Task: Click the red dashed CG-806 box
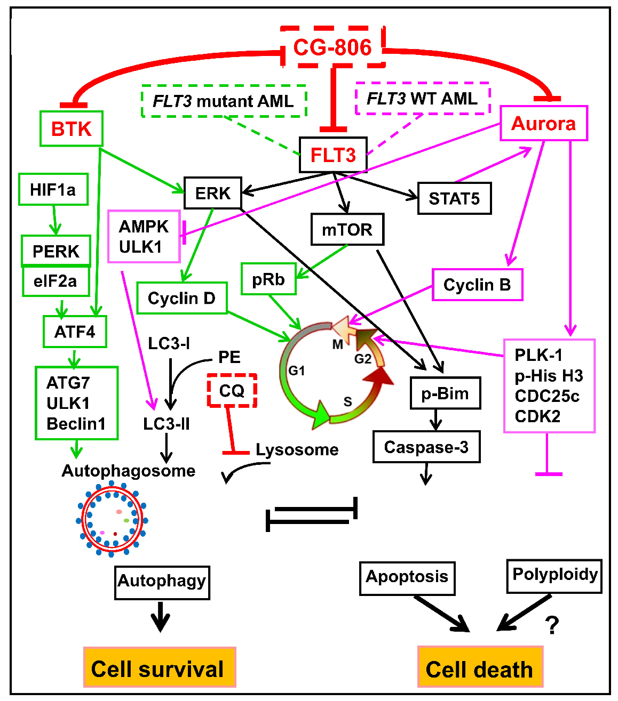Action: (x=332, y=47)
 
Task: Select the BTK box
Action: (x=72, y=128)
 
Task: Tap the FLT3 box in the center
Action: (x=333, y=155)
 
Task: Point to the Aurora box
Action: (x=543, y=123)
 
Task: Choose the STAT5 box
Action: (x=454, y=198)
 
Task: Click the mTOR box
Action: (x=347, y=230)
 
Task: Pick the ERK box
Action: (x=212, y=193)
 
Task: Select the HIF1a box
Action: (x=53, y=189)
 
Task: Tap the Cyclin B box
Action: (x=477, y=285)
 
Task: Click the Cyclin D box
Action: (x=181, y=298)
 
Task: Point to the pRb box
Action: (x=268, y=279)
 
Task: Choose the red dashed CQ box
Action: (x=232, y=391)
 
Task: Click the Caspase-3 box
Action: (x=426, y=447)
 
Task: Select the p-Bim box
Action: (x=445, y=393)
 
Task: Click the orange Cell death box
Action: (x=479, y=668)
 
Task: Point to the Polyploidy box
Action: (x=554, y=575)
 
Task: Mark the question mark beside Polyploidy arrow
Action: (x=552, y=625)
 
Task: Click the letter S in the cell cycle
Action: (x=347, y=401)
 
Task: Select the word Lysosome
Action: (x=297, y=449)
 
